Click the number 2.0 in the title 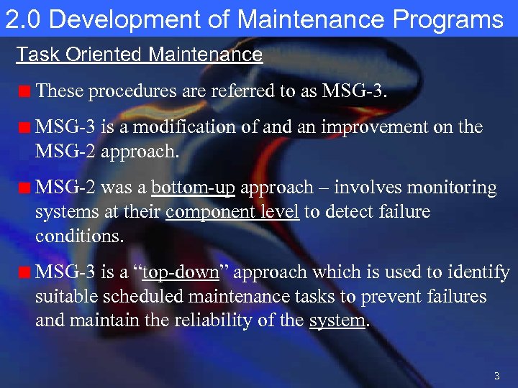click(22, 19)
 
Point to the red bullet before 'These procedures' click(25, 92)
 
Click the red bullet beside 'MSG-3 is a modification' click(25, 129)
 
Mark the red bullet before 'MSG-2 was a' click(25, 190)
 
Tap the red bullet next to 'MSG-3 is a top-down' click(25, 274)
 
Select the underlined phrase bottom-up click(193, 188)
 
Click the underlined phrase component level click(232, 213)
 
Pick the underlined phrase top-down click(181, 272)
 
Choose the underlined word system click(337, 321)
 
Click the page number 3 click(496, 376)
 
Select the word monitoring click(453, 188)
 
